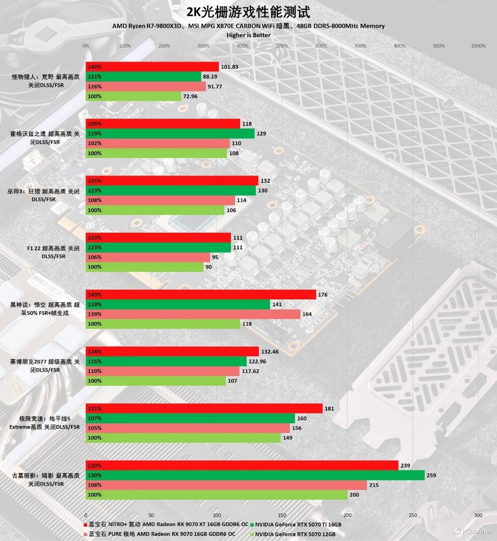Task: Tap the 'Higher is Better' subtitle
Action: point(248,35)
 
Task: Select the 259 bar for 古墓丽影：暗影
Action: point(255,475)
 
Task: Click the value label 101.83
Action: point(229,67)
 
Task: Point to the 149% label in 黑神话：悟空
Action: point(95,295)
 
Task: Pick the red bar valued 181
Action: point(204,409)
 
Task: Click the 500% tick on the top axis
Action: point(282,46)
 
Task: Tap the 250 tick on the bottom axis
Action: point(413,515)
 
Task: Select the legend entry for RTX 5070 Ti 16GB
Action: point(298,524)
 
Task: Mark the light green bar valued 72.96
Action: point(133,96)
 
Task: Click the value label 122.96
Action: point(257,361)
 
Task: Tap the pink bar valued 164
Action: point(193,314)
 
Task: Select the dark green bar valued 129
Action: point(170,134)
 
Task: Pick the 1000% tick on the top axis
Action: point(478,46)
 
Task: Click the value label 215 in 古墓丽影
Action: point(374,485)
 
